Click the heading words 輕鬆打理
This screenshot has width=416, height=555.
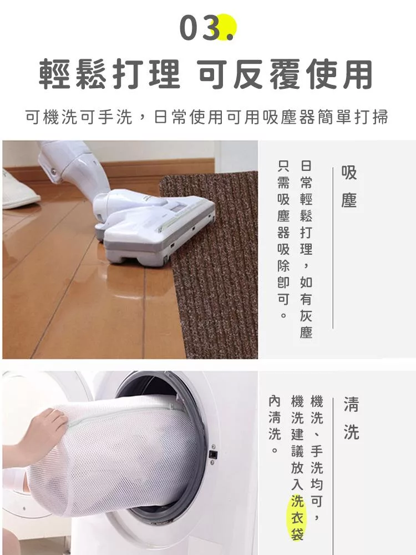109,74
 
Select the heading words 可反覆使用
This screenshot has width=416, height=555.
285,74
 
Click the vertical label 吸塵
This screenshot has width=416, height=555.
349,186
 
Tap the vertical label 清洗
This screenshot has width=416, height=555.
351,418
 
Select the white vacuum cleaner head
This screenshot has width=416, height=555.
156,226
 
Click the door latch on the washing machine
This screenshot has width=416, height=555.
213,454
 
